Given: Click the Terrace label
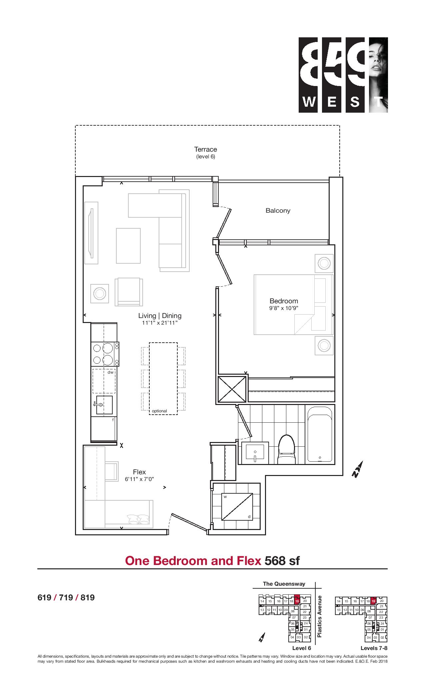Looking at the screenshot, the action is tap(206, 149).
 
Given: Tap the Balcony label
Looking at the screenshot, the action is tap(278, 211).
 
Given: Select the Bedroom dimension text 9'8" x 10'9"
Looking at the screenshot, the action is tap(284, 308).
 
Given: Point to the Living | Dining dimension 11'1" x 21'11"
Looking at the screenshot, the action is tap(160, 323).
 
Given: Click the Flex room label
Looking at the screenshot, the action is tap(139, 472).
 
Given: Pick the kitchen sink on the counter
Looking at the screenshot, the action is tap(104, 405).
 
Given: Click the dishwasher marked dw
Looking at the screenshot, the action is tap(104, 381).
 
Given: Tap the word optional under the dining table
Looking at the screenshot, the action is tap(159, 411).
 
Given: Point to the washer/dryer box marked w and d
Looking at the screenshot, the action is tap(237, 506).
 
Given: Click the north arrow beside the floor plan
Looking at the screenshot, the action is tap(358, 470).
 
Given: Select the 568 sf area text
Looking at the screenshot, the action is tap(282, 561).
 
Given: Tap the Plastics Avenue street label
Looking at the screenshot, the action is tap(320, 616).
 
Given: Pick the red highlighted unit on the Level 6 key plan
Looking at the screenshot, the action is tap(297, 600).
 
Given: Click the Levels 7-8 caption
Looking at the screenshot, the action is tap(374, 648).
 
